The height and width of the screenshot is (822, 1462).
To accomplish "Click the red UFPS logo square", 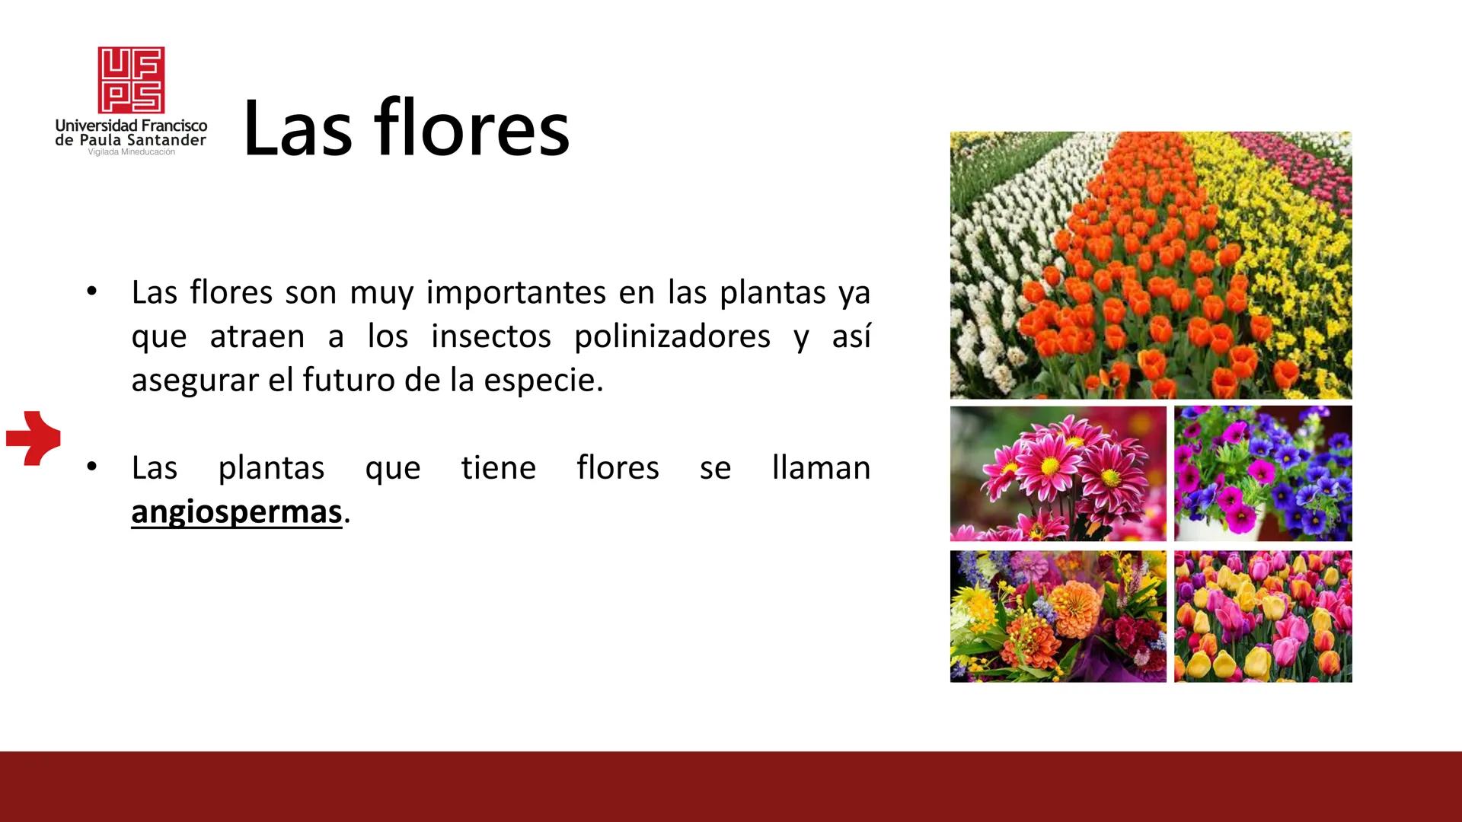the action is pyautogui.click(x=131, y=80).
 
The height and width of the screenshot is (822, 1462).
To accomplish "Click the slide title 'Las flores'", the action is pyautogui.click(x=407, y=128).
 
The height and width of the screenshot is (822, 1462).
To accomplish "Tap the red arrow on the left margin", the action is pyautogui.click(x=34, y=438).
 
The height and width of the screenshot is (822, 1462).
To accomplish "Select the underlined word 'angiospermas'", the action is pyautogui.click(x=237, y=512).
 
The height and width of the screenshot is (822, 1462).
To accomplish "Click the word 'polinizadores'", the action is pyautogui.click(x=672, y=336).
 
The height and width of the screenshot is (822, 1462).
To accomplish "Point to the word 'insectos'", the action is pyautogui.click(x=491, y=336).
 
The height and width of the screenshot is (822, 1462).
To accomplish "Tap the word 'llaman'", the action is pyautogui.click(x=821, y=467).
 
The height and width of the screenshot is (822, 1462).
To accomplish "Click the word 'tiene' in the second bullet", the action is pyautogui.click(x=499, y=467).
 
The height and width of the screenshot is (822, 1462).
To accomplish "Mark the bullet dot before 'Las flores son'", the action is pyautogui.click(x=92, y=292).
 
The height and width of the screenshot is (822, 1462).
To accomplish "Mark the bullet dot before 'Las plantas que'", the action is pyautogui.click(x=92, y=467).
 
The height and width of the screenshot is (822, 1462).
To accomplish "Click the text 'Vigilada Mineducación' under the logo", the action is pyautogui.click(x=132, y=152).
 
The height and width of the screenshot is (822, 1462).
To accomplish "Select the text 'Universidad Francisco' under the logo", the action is pyautogui.click(x=131, y=126).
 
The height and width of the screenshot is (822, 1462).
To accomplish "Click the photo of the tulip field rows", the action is pyautogui.click(x=1151, y=266).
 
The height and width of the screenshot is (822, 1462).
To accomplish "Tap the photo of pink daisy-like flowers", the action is pyautogui.click(x=1058, y=473).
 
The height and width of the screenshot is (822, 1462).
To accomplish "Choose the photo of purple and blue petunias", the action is pyautogui.click(x=1262, y=473).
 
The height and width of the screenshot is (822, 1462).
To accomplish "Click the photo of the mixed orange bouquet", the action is pyautogui.click(x=1058, y=616).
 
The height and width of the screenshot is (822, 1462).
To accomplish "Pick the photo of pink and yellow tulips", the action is pyautogui.click(x=1262, y=616).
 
